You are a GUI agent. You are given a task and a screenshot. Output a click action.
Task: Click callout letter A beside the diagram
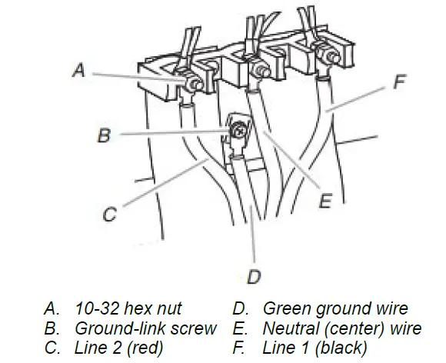click(x=78, y=70)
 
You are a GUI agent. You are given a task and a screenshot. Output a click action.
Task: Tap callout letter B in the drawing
click(x=104, y=135)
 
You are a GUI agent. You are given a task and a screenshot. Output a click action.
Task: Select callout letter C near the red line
click(x=110, y=214)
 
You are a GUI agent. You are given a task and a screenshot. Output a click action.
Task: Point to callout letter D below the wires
click(x=254, y=277)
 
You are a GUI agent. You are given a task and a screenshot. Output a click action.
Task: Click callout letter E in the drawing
click(x=325, y=201)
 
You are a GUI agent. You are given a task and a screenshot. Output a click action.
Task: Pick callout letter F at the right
click(x=400, y=82)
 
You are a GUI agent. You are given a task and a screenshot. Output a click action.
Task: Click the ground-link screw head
click(x=239, y=132)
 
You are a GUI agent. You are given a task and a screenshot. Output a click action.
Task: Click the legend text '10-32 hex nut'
click(x=128, y=308)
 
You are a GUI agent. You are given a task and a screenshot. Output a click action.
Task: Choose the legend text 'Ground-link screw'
click(x=145, y=328)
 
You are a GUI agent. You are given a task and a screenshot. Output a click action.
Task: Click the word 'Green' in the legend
click(x=287, y=308)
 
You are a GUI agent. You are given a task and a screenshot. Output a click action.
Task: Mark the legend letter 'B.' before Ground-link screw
click(x=52, y=328)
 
